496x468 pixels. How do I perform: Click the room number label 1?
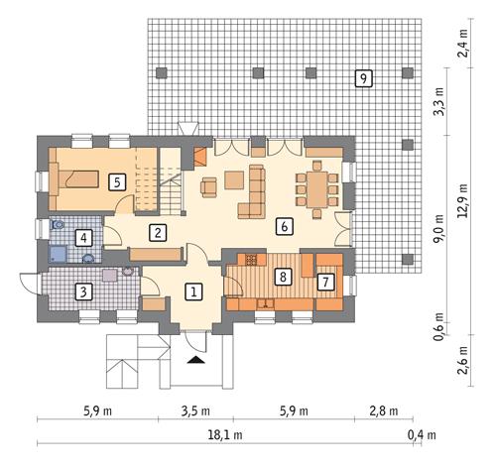tap(194, 292)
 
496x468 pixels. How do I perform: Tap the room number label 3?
tap(84, 292)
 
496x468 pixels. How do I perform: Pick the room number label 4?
tap(84, 238)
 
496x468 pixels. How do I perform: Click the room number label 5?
tap(116, 181)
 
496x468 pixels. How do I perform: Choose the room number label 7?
tap(324, 282)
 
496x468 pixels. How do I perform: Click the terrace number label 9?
tap(364, 77)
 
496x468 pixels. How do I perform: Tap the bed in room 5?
tap(79, 178)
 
